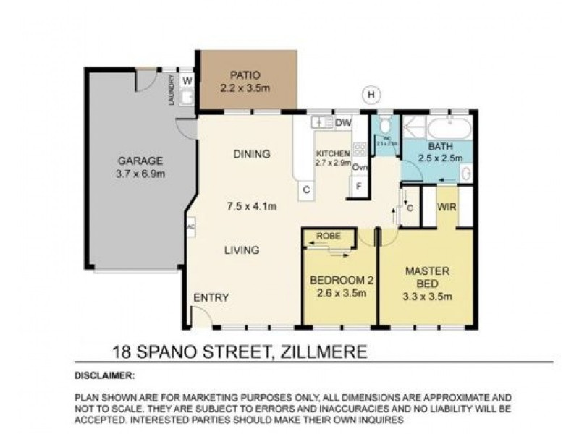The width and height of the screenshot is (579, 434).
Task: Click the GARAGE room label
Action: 141,161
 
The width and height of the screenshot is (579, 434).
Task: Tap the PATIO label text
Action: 245,75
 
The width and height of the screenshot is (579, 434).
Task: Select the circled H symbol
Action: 371,94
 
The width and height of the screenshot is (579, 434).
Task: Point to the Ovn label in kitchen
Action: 360,167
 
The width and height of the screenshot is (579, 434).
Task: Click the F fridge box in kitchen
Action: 358,186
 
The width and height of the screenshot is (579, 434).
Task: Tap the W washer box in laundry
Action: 187,80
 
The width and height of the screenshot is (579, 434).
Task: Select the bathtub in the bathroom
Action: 449,129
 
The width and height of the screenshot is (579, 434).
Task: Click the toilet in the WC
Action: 384,124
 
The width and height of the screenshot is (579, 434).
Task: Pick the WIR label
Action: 446,208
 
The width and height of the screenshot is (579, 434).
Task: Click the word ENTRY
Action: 211,297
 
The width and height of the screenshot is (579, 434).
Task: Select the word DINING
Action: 251,154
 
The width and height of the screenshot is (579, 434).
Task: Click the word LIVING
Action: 242,250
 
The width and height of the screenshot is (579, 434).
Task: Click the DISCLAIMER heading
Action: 104,375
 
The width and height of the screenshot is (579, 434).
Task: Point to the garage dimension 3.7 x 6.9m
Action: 141,174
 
